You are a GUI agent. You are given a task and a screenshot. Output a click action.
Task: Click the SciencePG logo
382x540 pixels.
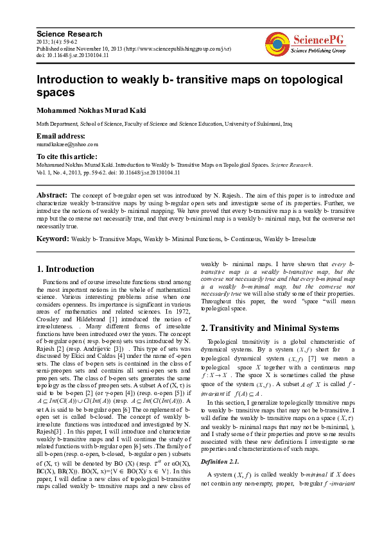pos(306,43)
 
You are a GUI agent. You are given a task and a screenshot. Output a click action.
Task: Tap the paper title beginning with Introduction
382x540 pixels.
pos(189,86)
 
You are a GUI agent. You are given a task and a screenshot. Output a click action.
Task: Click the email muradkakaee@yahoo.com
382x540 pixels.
pos(67,144)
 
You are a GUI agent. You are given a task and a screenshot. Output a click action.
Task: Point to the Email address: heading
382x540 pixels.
pos(62,136)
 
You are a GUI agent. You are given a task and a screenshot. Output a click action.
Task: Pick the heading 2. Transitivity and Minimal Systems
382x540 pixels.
pos(270,328)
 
